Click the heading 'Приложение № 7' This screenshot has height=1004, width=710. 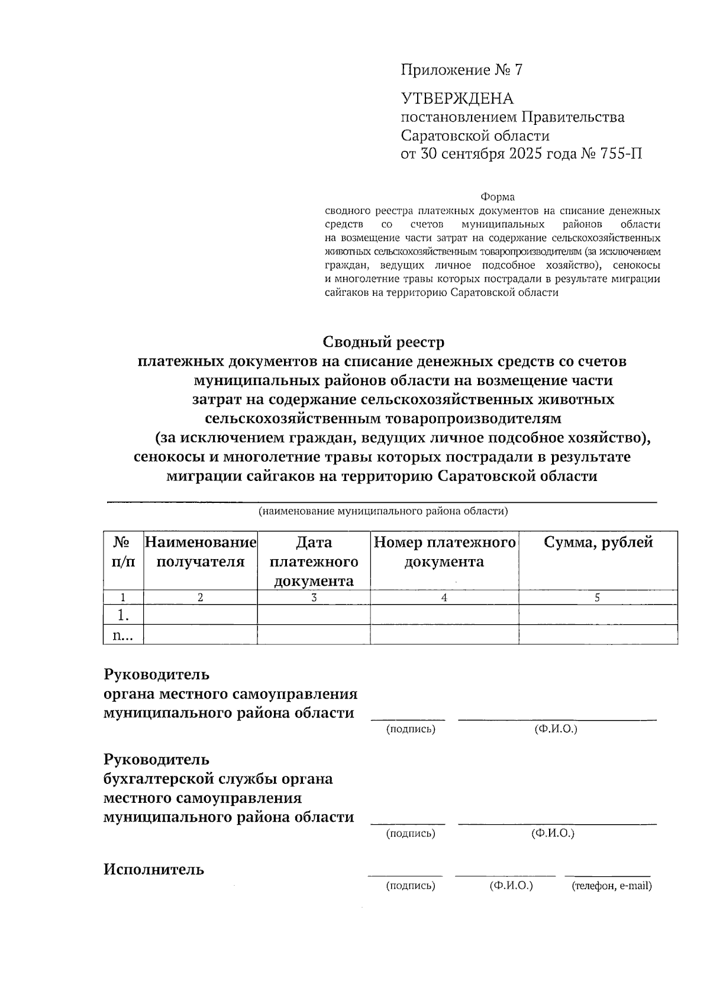point(461,70)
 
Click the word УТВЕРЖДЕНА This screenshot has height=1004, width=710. point(457,99)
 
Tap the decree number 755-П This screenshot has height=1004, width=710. point(621,154)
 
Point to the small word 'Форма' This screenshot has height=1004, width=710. point(497,197)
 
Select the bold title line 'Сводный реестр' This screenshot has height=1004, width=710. point(383,342)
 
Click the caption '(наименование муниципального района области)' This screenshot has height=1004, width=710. point(383,511)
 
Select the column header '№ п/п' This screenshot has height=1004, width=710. point(123,552)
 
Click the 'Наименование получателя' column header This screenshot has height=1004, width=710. point(201,552)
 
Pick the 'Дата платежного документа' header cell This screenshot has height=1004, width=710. point(314,561)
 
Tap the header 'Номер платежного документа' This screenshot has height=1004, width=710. point(444,552)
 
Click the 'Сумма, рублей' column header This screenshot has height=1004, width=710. point(598,543)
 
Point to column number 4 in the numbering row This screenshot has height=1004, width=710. point(444,598)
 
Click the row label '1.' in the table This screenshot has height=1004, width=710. point(123,615)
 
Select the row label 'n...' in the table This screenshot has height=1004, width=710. point(123,635)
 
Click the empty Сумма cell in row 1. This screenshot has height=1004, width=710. point(598,615)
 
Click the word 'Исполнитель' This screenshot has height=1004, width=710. point(154,869)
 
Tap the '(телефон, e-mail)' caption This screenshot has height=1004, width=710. point(611,886)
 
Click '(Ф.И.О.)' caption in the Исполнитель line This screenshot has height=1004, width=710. point(511,886)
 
